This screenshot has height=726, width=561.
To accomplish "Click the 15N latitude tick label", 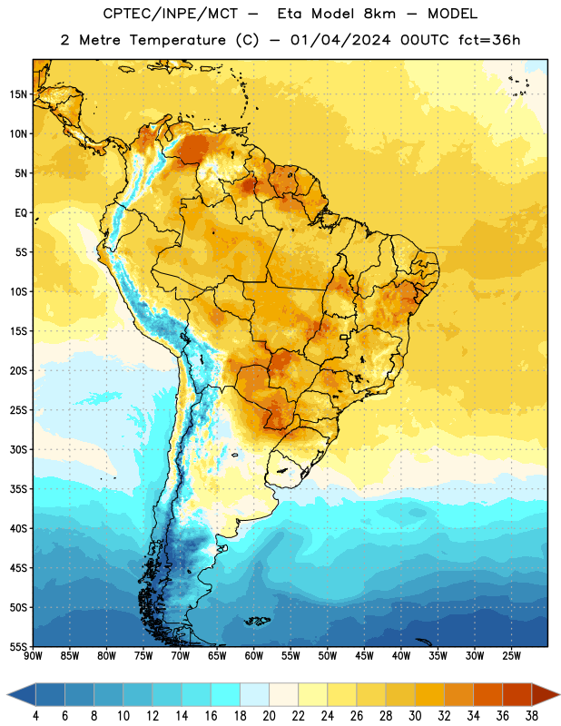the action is [x=17, y=94].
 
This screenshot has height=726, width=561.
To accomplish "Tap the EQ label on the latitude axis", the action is [x=21, y=213].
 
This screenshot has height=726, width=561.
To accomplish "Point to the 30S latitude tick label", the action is [x=17, y=449].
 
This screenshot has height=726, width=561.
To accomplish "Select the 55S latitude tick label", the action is [x=17, y=646].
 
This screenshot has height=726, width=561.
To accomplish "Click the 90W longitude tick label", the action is [x=33, y=656].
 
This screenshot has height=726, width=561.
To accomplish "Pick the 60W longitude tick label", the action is [x=254, y=656].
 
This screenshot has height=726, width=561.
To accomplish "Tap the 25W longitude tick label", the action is [x=511, y=656].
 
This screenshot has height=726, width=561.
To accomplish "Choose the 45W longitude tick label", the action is [x=364, y=656].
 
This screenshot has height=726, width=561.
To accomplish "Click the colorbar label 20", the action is [x=269, y=716].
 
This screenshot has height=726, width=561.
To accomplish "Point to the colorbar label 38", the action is [x=532, y=716].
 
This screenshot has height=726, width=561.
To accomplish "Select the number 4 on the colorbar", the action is [x=35, y=716].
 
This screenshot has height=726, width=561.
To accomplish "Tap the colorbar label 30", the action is [x=415, y=716].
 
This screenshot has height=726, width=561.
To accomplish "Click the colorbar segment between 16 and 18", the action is [x=225, y=694].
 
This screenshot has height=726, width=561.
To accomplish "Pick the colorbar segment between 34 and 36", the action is [x=487, y=694].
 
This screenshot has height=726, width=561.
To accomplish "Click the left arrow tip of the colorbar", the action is [x=7, y=694].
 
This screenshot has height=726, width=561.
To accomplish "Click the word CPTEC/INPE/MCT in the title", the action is [x=170, y=14].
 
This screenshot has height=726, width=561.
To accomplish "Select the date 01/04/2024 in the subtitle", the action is [x=340, y=40].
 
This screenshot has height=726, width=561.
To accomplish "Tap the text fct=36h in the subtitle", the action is [x=489, y=40].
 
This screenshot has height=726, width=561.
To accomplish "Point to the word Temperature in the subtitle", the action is [x=177, y=40].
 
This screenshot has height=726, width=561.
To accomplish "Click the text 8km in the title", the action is [x=379, y=14].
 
